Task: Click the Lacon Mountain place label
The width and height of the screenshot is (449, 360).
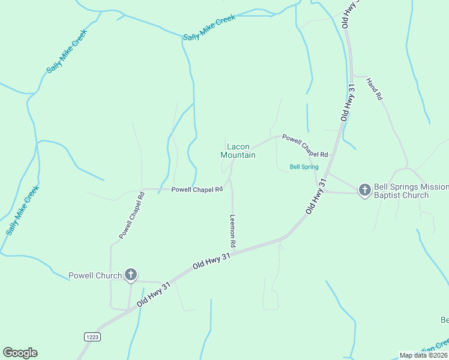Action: point(238,151)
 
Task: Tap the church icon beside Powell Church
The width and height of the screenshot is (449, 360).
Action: point(131,275)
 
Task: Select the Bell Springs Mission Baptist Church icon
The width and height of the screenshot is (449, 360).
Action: point(364,191)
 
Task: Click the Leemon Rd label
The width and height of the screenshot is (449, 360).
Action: point(233,232)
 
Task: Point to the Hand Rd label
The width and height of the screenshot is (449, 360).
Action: point(373,89)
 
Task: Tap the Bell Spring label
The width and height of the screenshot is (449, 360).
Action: point(304,167)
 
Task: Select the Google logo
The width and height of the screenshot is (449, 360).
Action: point(20,353)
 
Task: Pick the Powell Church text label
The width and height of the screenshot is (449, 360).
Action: point(95,276)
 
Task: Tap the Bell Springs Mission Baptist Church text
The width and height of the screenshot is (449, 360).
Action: point(411,191)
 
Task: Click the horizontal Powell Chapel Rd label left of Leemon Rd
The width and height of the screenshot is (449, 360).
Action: point(197,189)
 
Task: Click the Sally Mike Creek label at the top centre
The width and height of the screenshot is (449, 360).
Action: point(209,28)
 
